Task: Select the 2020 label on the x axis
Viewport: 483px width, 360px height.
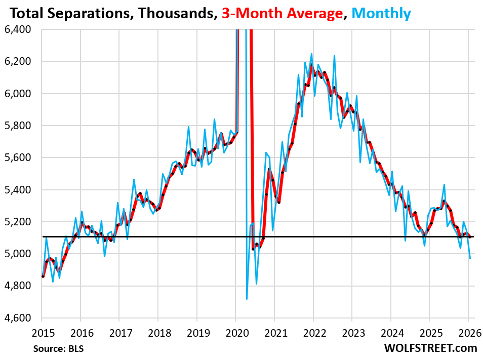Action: tap(235, 332)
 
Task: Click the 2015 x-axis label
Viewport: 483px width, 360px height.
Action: tap(42, 332)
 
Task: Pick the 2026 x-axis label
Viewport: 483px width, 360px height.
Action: tap(468, 332)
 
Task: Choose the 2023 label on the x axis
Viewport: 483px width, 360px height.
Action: tap(351, 332)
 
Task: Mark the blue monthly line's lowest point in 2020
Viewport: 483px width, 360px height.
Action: tap(247, 299)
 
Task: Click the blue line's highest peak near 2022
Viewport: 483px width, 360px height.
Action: tap(311, 54)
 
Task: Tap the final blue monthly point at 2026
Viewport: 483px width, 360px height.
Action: tap(469, 259)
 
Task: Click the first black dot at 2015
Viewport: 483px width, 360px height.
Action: tap(43, 276)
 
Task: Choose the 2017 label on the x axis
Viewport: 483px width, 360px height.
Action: tap(119, 332)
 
